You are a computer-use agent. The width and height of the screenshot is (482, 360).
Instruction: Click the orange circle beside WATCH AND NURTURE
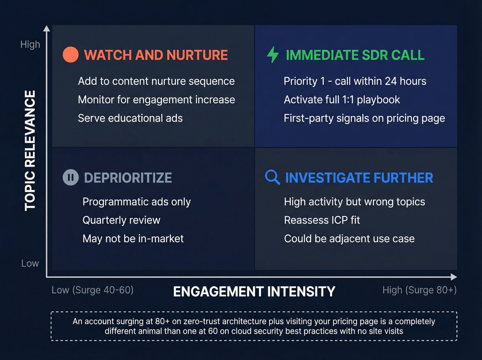pyautogui.click(x=71, y=55)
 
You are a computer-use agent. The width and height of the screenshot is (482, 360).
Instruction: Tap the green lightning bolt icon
pyautogui.click(x=273, y=54)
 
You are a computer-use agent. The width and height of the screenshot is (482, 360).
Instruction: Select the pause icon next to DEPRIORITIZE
pyautogui.click(x=71, y=177)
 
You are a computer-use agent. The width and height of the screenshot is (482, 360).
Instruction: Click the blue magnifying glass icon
pyautogui.click(x=272, y=177)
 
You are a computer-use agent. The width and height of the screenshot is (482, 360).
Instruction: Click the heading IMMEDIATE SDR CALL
pyautogui.click(x=355, y=55)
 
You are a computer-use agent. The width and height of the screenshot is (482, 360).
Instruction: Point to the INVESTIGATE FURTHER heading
pyautogui.click(x=359, y=178)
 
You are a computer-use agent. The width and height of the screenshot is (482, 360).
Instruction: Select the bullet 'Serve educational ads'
pyautogui.click(x=130, y=118)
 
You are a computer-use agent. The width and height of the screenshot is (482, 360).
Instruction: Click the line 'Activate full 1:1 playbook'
pyautogui.click(x=342, y=100)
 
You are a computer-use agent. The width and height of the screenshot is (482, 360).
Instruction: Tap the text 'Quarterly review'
pyautogui.click(x=121, y=220)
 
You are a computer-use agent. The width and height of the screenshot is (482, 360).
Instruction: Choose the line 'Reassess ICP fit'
pyautogui.click(x=322, y=220)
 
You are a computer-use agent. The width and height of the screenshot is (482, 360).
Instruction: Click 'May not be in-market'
pyautogui.click(x=133, y=238)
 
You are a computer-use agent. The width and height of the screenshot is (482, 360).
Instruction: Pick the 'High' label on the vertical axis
pyautogui.click(x=30, y=44)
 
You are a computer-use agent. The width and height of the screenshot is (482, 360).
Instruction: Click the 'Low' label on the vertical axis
pyautogui.click(x=30, y=264)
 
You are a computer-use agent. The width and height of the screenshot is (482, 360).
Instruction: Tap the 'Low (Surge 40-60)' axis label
pyautogui.click(x=92, y=290)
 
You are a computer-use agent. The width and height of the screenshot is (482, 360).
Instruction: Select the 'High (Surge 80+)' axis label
pyautogui.click(x=419, y=290)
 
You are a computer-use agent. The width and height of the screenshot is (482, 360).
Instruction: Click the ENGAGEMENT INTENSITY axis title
pyautogui.click(x=254, y=291)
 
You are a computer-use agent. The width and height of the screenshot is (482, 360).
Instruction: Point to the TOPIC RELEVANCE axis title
pyautogui.click(x=30, y=150)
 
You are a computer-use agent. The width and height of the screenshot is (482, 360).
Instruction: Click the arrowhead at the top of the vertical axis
pyautogui.click(x=47, y=28)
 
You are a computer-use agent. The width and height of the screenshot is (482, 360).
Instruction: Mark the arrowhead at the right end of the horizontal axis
pyautogui.click(x=454, y=277)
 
